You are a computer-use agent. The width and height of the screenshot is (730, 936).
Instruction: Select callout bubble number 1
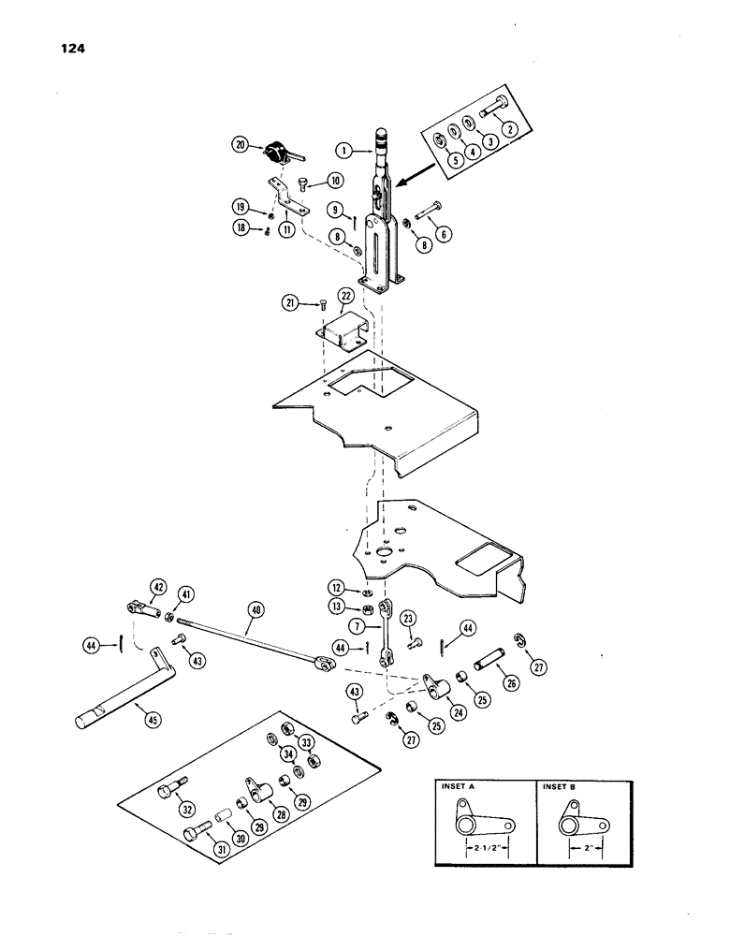(343, 149)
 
